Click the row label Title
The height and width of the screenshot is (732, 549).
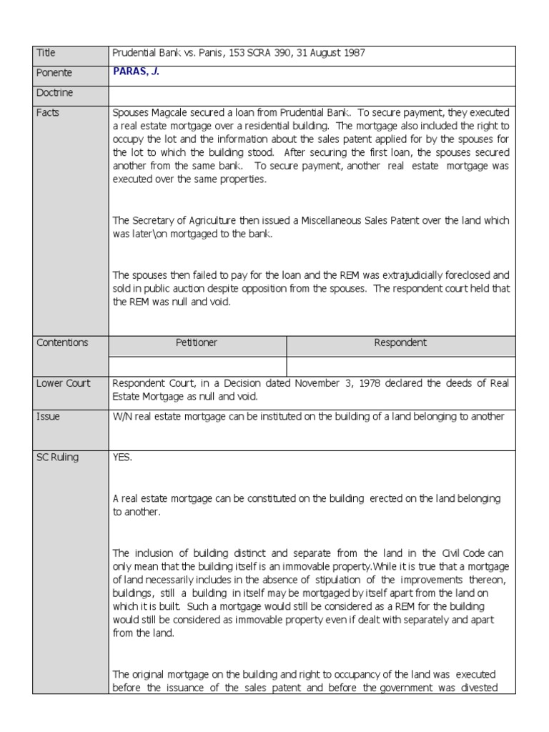(x=46, y=53)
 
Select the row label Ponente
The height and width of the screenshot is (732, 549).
(x=54, y=73)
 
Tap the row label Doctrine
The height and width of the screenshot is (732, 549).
(x=55, y=93)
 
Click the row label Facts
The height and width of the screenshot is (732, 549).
(x=47, y=113)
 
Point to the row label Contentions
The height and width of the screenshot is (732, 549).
(x=62, y=342)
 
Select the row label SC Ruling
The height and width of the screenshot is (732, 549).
(x=56, y=457)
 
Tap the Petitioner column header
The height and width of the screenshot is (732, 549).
(x=197, y=342)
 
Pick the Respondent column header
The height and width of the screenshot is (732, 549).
(x=400, y=342)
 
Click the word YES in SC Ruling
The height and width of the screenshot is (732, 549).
(x=122, y=457)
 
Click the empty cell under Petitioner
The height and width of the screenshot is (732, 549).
(x=197, y=365)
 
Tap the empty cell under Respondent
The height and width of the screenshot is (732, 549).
(x=400, y=365)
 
